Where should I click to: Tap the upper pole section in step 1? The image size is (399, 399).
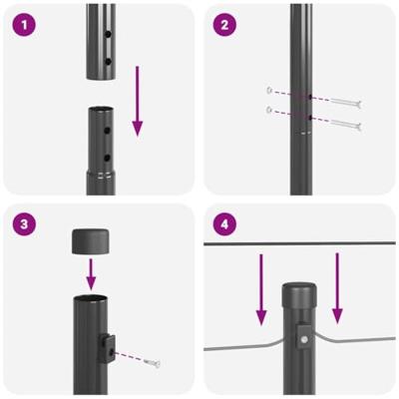pyautogui.click(x=100, y=40)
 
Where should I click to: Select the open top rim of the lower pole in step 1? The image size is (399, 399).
pyautogui.click(x=100, y=110)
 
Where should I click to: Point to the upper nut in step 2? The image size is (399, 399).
pyautogui.click(x=269, y=88)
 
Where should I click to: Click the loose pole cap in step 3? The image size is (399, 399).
pyautogui.click(x=90, y=241)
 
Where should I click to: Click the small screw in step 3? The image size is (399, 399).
pyautogui.click(x=151, y=363)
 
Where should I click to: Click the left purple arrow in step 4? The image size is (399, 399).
pyautogui.click(x=262, y=289)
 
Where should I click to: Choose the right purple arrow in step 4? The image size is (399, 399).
pyautogui.click(x=336, y=289)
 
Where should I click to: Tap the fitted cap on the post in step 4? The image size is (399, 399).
pyautogui.click(x=299, y=295)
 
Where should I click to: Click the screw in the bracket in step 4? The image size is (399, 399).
pyautogui.click(x=304, y=340)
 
